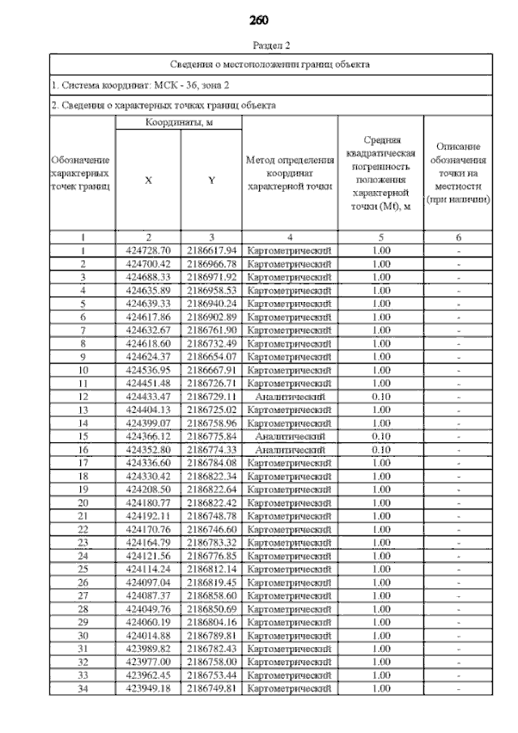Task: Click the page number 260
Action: (x=259, y=19)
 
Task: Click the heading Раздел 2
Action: (x=259, y=46)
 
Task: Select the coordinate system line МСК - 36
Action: (x=141, y=84)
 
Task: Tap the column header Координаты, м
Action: (x=178, y=122)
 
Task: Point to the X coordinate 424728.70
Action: (x=148, y=250)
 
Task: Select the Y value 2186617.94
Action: (x=211, y=250)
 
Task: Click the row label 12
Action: (x=83, y=396)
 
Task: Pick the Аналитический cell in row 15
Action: (x=290, y=436)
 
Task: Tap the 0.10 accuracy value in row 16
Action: (x=380, y=449)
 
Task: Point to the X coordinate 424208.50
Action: (x=148, y=489)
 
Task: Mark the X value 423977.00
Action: (x=148, y=662)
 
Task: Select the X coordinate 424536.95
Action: (x=148, y=370)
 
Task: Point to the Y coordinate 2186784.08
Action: (x=211, y=462)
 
